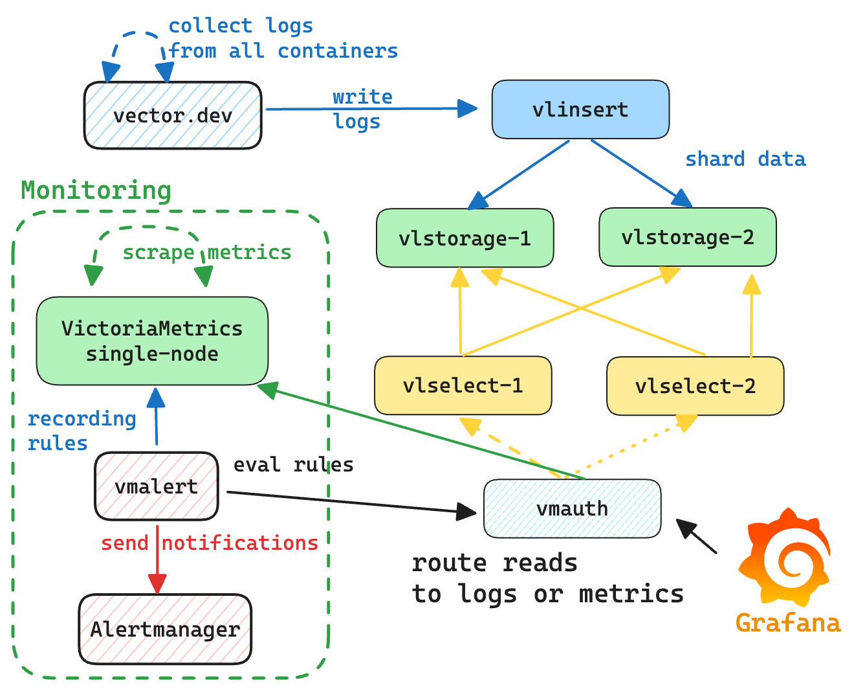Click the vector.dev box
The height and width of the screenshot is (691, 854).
pos(173,115)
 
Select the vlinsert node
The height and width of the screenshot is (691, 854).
pos(580,109)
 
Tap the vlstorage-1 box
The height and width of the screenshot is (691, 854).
pos(465,238)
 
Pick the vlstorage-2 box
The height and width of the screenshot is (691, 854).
pos(687,237)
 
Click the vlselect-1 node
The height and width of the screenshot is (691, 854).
pos(463,385)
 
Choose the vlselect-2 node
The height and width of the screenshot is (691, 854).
pos(695,386)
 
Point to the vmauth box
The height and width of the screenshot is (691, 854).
pos(572,508)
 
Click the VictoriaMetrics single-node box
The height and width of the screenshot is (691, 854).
pos(152,341)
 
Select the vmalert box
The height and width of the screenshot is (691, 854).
pos(156,486)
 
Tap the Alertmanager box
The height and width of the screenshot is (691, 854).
pos(165,629)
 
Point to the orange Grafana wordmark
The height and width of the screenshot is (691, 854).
pos(788,623)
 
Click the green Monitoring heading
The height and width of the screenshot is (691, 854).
pos(96,190)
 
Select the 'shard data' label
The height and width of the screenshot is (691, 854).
pos(745,159)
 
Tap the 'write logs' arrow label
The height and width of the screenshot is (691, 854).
pos(362,109)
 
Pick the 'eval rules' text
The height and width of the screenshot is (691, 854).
pos(293,464)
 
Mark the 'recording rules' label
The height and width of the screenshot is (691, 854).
pos(81,431)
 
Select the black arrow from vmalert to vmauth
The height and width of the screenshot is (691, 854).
pos(349,503)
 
